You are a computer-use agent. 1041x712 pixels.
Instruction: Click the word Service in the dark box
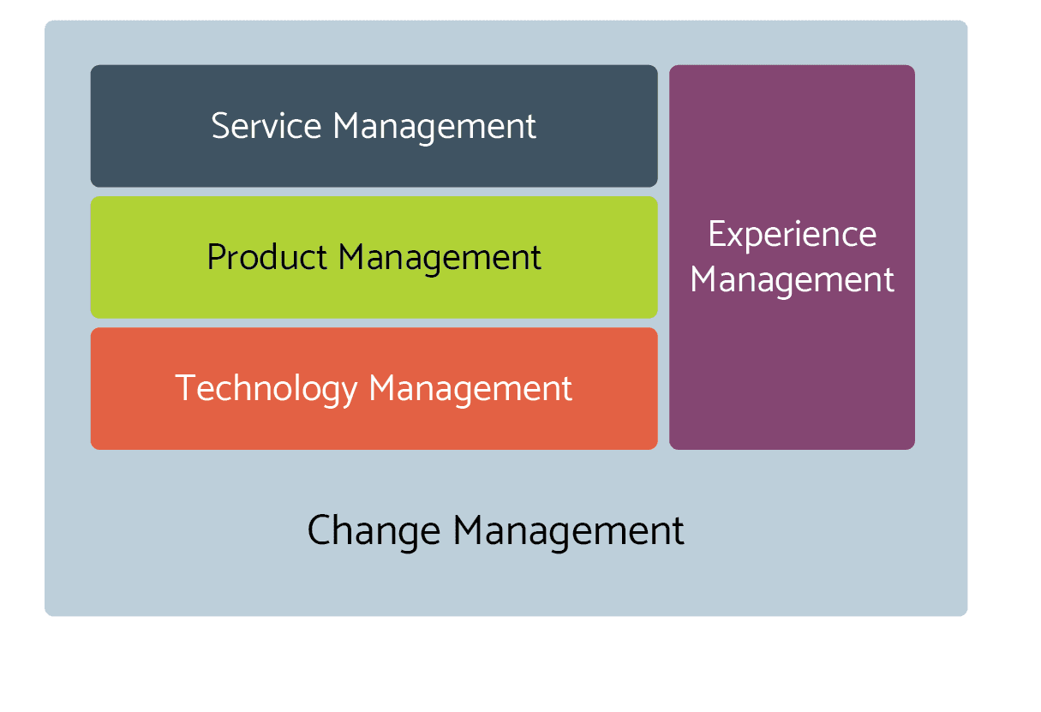pyautogui.click(x=266, y=126)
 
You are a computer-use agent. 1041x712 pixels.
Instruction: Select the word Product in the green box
pyautogui.click(x=267, y=257)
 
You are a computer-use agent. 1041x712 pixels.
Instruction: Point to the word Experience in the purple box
pyautogui.click(x=793, y=236)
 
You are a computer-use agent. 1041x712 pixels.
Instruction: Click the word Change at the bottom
pyautogui.click(x=374, y=532)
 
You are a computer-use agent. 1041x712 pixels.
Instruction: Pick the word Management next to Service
pyautogui.click(x=434, y=128)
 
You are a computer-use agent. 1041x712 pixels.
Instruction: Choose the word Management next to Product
pyautogui.click(x=440, y=259)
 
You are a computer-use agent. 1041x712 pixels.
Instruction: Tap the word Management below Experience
pyautogui.click(x=793, y=281)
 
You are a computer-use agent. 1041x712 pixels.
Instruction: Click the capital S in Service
pyautogui.click(x=220, y=126)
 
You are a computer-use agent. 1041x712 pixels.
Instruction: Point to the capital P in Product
pyautogui.click(x=216, y=257)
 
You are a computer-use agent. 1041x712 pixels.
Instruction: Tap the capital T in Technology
pyautogui.click(x=184, y=387)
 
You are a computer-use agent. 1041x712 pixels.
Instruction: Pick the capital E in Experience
pyautogui.click(x=717, y=234)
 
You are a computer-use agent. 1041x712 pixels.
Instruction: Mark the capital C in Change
pyautogui.click(x=319, y=530)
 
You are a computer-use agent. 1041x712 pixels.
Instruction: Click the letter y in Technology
pyautogui.click(x=349, y=393)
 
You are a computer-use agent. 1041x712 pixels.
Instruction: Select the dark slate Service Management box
pyautogui.click(x=374, y=126)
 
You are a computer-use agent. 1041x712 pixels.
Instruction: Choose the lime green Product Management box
pyautogui.click(x=374, y=258)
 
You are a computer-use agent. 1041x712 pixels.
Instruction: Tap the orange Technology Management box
pyautogui.click(x=374, y=388)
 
